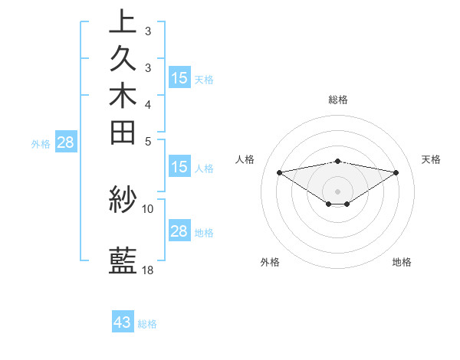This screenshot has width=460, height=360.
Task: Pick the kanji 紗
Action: click(123, 200)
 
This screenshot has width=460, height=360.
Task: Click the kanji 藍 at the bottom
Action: click(123, 261)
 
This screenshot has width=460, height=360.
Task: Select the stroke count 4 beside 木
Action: click(147, 104)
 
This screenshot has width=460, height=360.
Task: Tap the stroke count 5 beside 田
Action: click(147, 141)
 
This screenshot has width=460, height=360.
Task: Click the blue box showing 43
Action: click(123, 322)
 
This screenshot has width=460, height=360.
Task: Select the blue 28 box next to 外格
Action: click(65, 142)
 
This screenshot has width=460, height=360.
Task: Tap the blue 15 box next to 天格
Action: click(179, 77)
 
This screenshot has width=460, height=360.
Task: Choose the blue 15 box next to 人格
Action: click(179, 167)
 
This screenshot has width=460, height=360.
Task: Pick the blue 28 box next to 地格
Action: click(179, 231)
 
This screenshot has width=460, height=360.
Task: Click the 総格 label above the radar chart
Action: click(337, 100)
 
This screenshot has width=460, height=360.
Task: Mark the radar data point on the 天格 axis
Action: click(396, 172)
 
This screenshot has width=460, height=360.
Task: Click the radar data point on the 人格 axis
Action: click(279, 172)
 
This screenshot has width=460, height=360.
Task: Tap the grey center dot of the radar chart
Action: click(337, 191)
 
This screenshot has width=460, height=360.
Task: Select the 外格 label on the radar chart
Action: click(270, 263)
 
